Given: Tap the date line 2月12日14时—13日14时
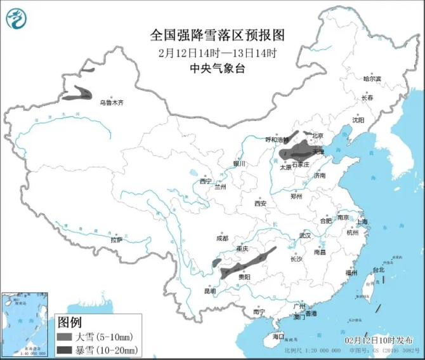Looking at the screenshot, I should (x=213, y=52).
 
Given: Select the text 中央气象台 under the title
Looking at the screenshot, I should (x=213, y=67).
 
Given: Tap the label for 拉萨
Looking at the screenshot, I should (x=116, y=240).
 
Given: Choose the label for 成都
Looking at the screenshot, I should (x=221, y=239).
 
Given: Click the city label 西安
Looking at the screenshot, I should (x=261, y=203).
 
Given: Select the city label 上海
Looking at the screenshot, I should (x=363, y=222).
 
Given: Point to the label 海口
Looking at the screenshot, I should (x=278, y=335).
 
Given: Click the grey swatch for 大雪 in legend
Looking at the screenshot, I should (x=64, y=336).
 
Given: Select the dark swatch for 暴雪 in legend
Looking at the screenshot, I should (x=64, y=349).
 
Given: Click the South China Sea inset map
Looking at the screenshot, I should (x=26, y=323).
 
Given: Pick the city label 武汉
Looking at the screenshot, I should (x=306, y=236).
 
